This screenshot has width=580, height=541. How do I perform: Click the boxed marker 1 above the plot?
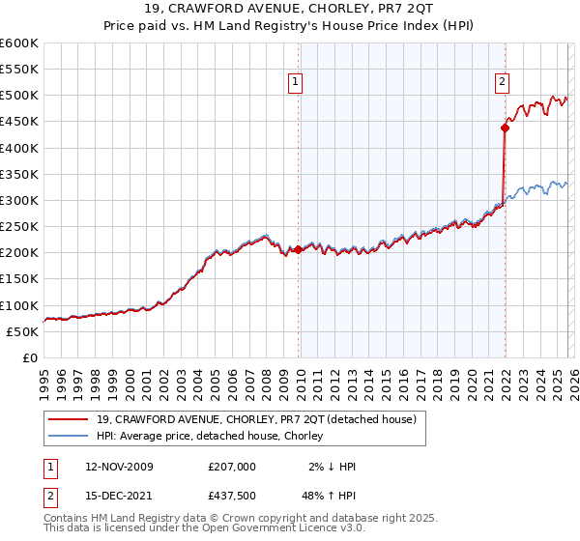(295, 82)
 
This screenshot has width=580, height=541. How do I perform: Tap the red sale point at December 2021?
(505, 128)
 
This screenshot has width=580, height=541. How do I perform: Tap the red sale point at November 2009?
(298, 249)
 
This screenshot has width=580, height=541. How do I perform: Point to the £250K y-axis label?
(19, 227)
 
